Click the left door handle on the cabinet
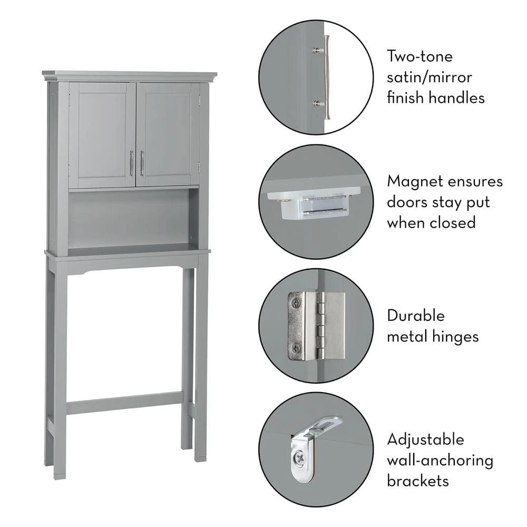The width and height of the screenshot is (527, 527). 131,163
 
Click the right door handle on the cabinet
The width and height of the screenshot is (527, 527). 142,163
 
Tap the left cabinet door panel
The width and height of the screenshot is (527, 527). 102,135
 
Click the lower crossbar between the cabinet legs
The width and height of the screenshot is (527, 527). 124,403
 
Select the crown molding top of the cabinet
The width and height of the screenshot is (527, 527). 130,76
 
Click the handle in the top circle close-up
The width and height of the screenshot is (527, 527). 326,77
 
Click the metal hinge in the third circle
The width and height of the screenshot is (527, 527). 316,326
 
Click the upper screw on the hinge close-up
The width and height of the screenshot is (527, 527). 296,303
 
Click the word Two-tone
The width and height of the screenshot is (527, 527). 420,56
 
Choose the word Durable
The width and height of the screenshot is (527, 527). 416,316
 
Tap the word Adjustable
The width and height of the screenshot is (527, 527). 425,440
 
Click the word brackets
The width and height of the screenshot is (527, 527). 418,481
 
